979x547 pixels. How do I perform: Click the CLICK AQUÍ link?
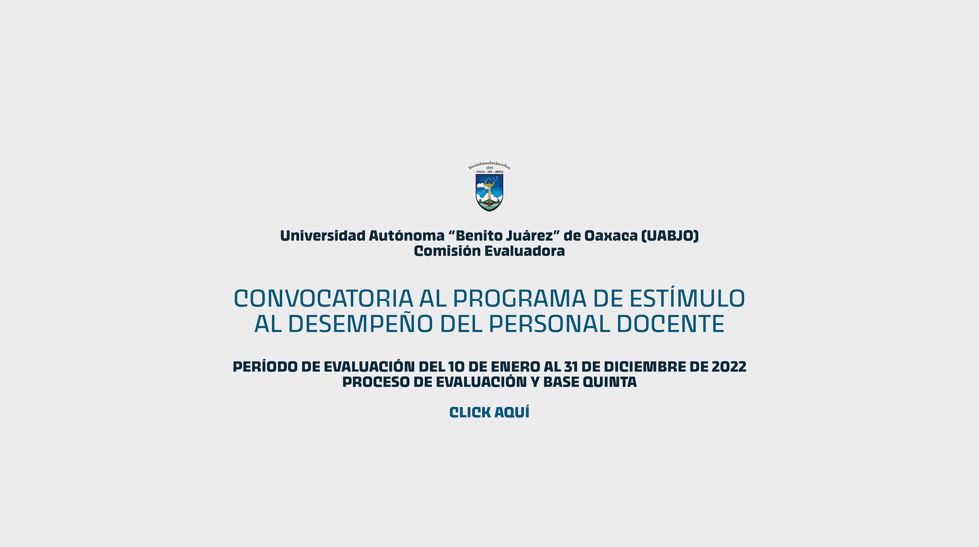[489, 412]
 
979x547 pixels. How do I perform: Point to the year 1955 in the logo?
[489, 168]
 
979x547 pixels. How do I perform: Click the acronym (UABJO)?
[670, 236]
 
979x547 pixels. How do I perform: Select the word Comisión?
[442, 251]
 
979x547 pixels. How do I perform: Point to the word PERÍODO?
[265, 366]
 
